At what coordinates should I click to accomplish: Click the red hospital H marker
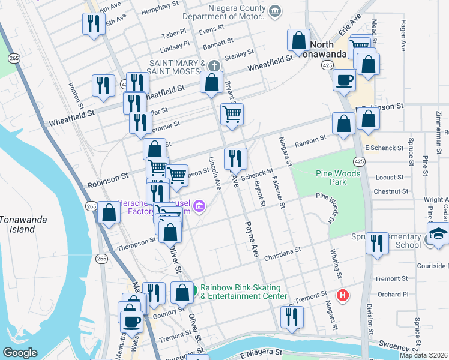(x=343, y=295)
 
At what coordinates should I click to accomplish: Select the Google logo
(x=20, y=353)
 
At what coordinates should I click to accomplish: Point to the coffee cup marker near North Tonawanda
(x=345, y=80)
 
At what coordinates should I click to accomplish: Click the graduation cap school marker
(x=439, y=233)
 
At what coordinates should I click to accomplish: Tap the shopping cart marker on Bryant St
(x=232, y=114)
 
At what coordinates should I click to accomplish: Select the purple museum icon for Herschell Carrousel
(x=199, y=208)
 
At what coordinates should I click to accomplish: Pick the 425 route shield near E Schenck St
(x=358, y=161)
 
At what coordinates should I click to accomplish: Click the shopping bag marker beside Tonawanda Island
(x=109, y=213)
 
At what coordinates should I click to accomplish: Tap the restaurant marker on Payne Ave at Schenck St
(x=235, y=159)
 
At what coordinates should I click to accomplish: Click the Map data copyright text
(x=423, y=355)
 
